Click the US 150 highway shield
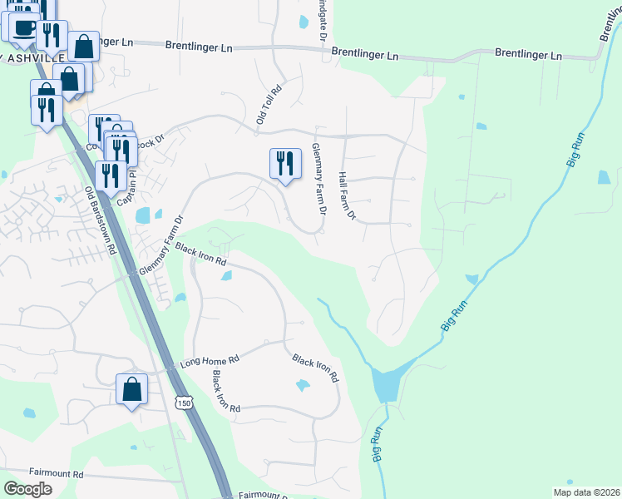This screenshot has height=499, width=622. pyautogui.click(x=184, y=403)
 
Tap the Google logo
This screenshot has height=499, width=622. pyautogui.click(x=27, y=489)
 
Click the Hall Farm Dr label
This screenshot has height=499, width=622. pyautogui.click(x=347, y=196)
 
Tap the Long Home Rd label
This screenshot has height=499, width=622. pyautogui.click(x=210, y=363)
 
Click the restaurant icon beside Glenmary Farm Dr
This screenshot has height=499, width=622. pyautogui.click(x=285, y=161)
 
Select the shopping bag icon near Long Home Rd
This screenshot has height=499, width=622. pyautogui.click(x=131, y=388)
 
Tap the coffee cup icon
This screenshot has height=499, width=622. pyautogui.click(x=24, y=27)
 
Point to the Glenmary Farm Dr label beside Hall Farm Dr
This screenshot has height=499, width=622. pyautogui.click(x=318, y=176)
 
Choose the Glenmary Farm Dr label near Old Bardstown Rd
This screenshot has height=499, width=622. pyautogui.click(x=160, y=246)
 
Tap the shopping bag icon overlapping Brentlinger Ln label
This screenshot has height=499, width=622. pyautogui.click(x=83, y=46)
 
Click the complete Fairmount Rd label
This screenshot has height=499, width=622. pyautogui.click(x=56, y=474)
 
